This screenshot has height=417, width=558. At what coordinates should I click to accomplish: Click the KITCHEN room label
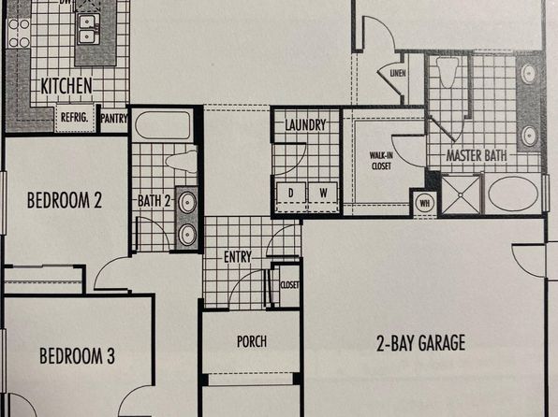[x=66, y=86]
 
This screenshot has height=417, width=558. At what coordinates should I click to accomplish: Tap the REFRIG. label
[x=74, y=117]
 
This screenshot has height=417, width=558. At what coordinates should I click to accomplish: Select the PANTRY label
[x=114, y=119]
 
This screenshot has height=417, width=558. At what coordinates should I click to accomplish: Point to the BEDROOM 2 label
[x=65, y=200]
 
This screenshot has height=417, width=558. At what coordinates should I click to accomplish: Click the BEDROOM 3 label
[x=77, y=356]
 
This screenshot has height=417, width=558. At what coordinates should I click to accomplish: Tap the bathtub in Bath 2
[x=163, y=125]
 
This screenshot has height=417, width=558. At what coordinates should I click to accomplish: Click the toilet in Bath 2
[x=182, y=162]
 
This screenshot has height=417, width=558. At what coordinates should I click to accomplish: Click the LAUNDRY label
[x=305, y=124]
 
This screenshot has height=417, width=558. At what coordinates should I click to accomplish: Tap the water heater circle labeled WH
[x=424, y=203]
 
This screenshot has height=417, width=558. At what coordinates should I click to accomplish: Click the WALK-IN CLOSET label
[x=381, y=161]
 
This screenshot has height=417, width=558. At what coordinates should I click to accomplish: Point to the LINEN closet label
[x=398, y=73]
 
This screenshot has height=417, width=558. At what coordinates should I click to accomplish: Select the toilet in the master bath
[x=448, y=72]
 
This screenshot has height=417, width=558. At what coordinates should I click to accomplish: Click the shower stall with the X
[x=461, y=194]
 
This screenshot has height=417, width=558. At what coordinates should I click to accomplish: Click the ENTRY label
[x=238, y=257]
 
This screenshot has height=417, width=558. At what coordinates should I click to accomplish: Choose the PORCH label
[x=252, y=341]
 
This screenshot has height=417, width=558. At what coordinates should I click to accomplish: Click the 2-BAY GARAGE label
[x=420, y=343]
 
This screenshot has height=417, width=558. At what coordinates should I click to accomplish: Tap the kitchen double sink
[x=87, y=29]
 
